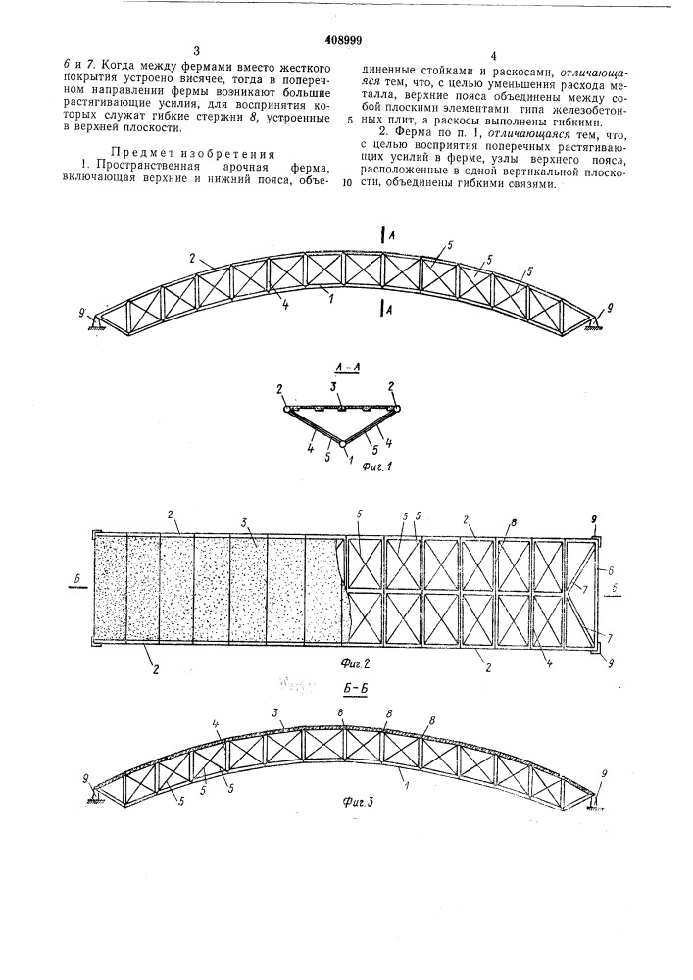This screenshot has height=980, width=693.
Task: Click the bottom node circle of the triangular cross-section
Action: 342,444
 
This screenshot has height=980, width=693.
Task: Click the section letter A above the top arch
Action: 391,234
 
